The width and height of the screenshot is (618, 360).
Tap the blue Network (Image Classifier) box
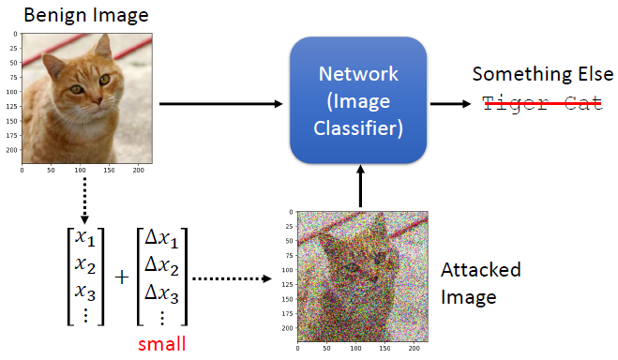click(x=358, y=102)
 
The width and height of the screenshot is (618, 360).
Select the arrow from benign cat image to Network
click(x=221, y=102)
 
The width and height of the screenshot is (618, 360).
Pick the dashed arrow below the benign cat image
click(x=85, y=201)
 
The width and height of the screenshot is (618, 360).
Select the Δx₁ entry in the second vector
click(x=160, y=238)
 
